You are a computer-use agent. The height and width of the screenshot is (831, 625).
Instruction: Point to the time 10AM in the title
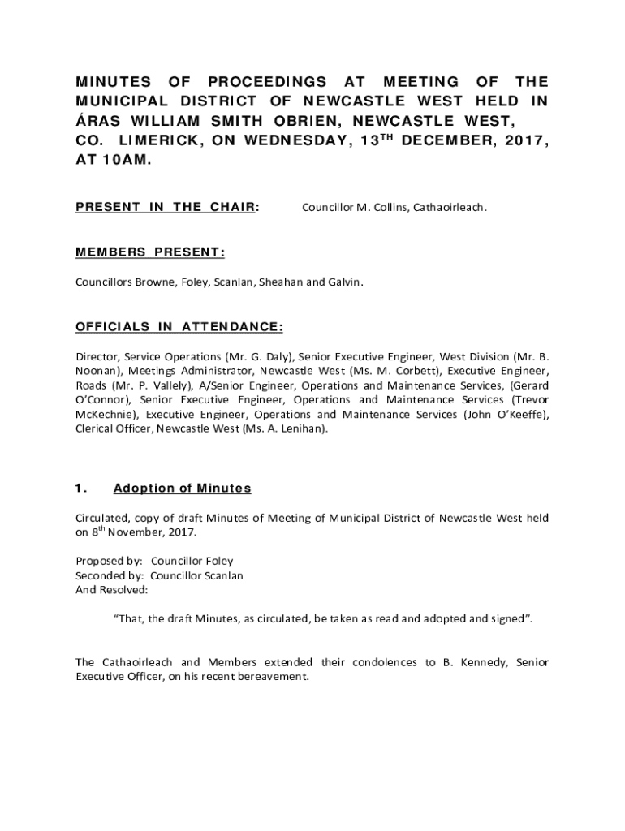[124, 161]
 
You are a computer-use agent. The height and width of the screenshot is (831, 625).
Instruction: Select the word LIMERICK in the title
[160, 141]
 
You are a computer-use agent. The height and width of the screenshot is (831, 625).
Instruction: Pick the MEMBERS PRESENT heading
[150, 252]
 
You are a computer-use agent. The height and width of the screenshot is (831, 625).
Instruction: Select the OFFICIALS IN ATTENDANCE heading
[179, 327]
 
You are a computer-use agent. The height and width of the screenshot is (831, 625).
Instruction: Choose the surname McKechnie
[106, 415]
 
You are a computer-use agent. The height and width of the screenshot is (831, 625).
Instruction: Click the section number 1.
[80, 489]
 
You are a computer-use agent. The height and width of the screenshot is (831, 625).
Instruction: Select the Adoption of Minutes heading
[183, 489]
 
